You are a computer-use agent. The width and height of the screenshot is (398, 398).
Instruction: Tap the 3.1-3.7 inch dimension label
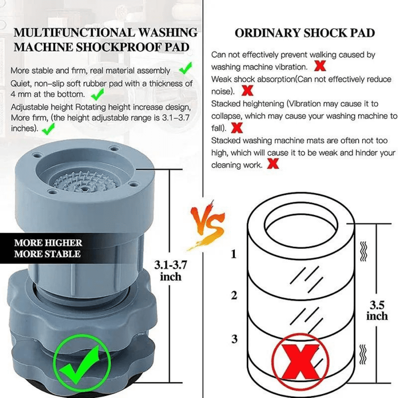click(170, 270)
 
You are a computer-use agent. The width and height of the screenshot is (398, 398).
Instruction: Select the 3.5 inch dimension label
click(377, 310)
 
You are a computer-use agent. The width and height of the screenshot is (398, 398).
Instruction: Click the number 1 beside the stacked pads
click(234, 254)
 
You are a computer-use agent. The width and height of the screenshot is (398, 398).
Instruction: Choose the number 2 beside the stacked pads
click(234, 295)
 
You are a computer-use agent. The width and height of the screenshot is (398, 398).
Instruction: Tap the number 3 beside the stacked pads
click(234, 339)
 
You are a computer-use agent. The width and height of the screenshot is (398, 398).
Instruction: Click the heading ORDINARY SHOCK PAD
click(304, 33)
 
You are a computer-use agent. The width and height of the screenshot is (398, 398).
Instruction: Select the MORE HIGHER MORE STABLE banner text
click(48, 248)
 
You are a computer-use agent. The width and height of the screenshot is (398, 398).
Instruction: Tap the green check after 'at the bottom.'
click(97, 94)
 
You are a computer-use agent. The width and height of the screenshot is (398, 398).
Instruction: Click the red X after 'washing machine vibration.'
click(320, 66)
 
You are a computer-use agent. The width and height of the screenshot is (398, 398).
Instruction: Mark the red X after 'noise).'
click(248, 91)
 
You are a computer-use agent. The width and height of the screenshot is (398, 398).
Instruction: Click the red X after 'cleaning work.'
click(273, 164)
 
